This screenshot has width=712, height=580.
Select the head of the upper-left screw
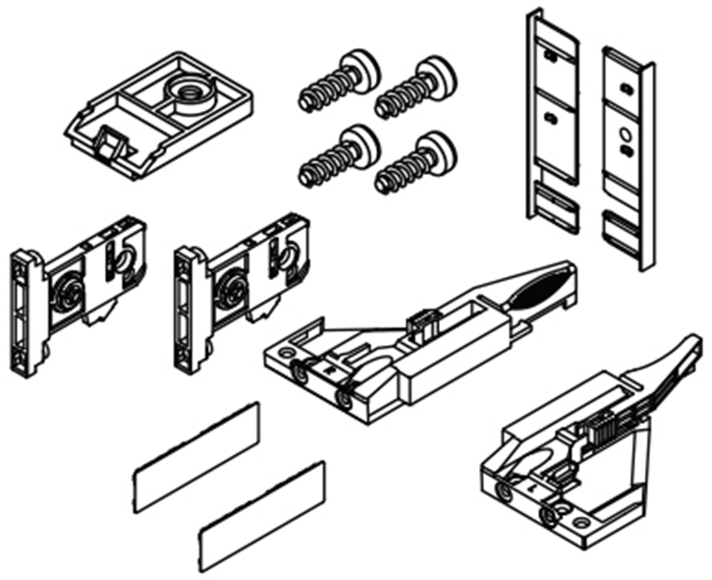pyautogui.click(x=361, y=71)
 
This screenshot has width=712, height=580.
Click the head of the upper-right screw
pyautogui.click(x=434, y=75)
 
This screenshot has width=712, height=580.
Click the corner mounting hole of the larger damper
pyautogui.click(x=287, y=351)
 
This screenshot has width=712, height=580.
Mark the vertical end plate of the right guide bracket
pyautogui.click(x=189, y=308)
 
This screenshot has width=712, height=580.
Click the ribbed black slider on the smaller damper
pyautogui.click(x=601, y=429)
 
